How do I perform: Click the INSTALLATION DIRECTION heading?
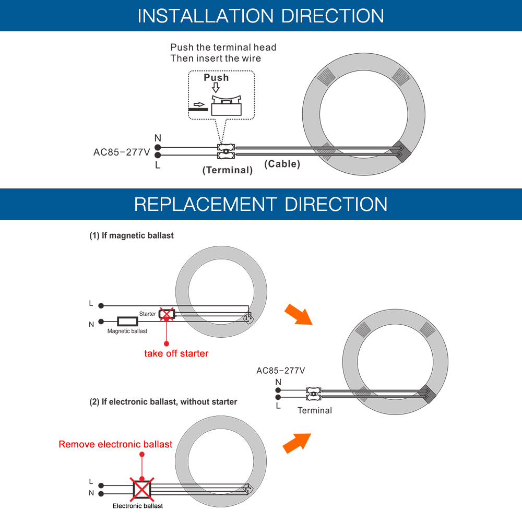click(260, 16)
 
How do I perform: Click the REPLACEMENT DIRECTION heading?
click(260, 204)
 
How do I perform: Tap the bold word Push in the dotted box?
click(216, 78)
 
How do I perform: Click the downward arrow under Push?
click(216, 88)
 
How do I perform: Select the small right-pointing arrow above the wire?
click(199, 104)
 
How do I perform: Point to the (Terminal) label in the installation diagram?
click(228, 170)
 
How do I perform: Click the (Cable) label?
click(282, 164)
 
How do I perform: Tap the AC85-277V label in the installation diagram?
click(122, 152)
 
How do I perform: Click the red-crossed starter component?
click(167, 314)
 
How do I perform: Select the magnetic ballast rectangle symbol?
click(127, 321)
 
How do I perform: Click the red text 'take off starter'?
click(176, 353)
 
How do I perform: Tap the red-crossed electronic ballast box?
click(142, 490)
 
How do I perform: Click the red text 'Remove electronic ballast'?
click(115, 444)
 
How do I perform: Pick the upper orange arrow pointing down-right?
click(298, 314)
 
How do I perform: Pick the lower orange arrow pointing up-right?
click(296, 443)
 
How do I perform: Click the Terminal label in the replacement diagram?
click(315, 410)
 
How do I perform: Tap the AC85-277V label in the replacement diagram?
click(280, 371)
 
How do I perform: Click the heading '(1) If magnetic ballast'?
click(132, 236)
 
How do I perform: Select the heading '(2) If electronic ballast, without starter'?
click(163, 402)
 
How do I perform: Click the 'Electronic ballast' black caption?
click(137, 506)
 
